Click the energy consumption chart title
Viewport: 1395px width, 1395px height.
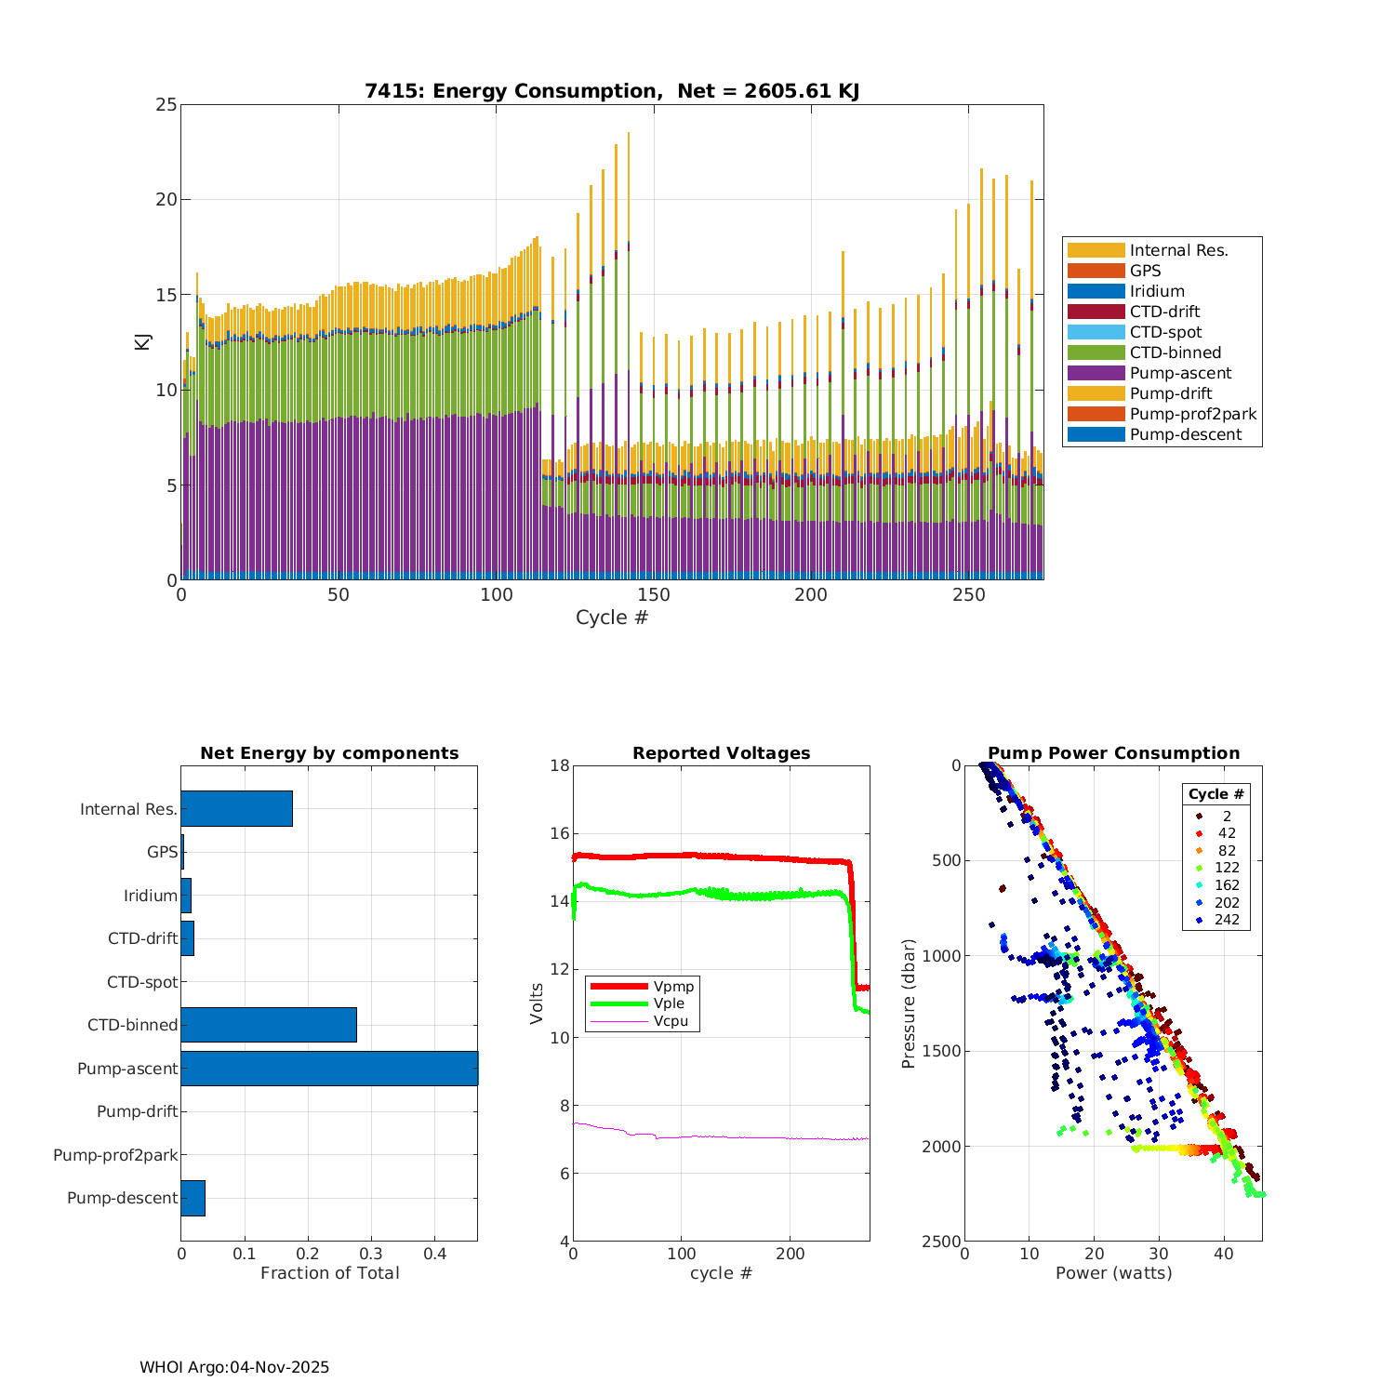[x=612, y=91]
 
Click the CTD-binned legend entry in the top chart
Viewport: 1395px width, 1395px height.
[x=1175, y=352]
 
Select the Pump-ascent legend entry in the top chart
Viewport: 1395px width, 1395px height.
[x=1180, y=373]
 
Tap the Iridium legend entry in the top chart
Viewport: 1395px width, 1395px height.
[x=1157, y=291]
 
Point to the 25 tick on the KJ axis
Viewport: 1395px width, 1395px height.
[x=166, y=104]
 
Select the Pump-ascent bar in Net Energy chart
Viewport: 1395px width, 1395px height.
[x=329, y=1069]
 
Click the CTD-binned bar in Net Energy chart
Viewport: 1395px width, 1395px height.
[x=269, y=1025]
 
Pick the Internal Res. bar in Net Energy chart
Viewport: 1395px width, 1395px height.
[x=236, y=809]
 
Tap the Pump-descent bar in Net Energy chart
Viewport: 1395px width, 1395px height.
[x=193, y=1198]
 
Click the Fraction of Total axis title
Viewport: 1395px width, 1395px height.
[x=329, y=1273]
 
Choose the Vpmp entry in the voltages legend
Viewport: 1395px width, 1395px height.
[x=673, y=987]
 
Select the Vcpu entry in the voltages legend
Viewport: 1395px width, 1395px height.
[x=671, y=1021]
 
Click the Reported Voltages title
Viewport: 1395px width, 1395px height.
[x=721, y=753]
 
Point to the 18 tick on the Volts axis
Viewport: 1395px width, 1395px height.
[x=560, y=765]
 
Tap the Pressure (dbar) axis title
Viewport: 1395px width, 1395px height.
[x=909, y=1003]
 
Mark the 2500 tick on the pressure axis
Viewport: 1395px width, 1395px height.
[x=943, y=1242]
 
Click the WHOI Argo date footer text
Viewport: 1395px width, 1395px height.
[x=234, y=1367]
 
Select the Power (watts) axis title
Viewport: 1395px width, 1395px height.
[x=1113, y=1273]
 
